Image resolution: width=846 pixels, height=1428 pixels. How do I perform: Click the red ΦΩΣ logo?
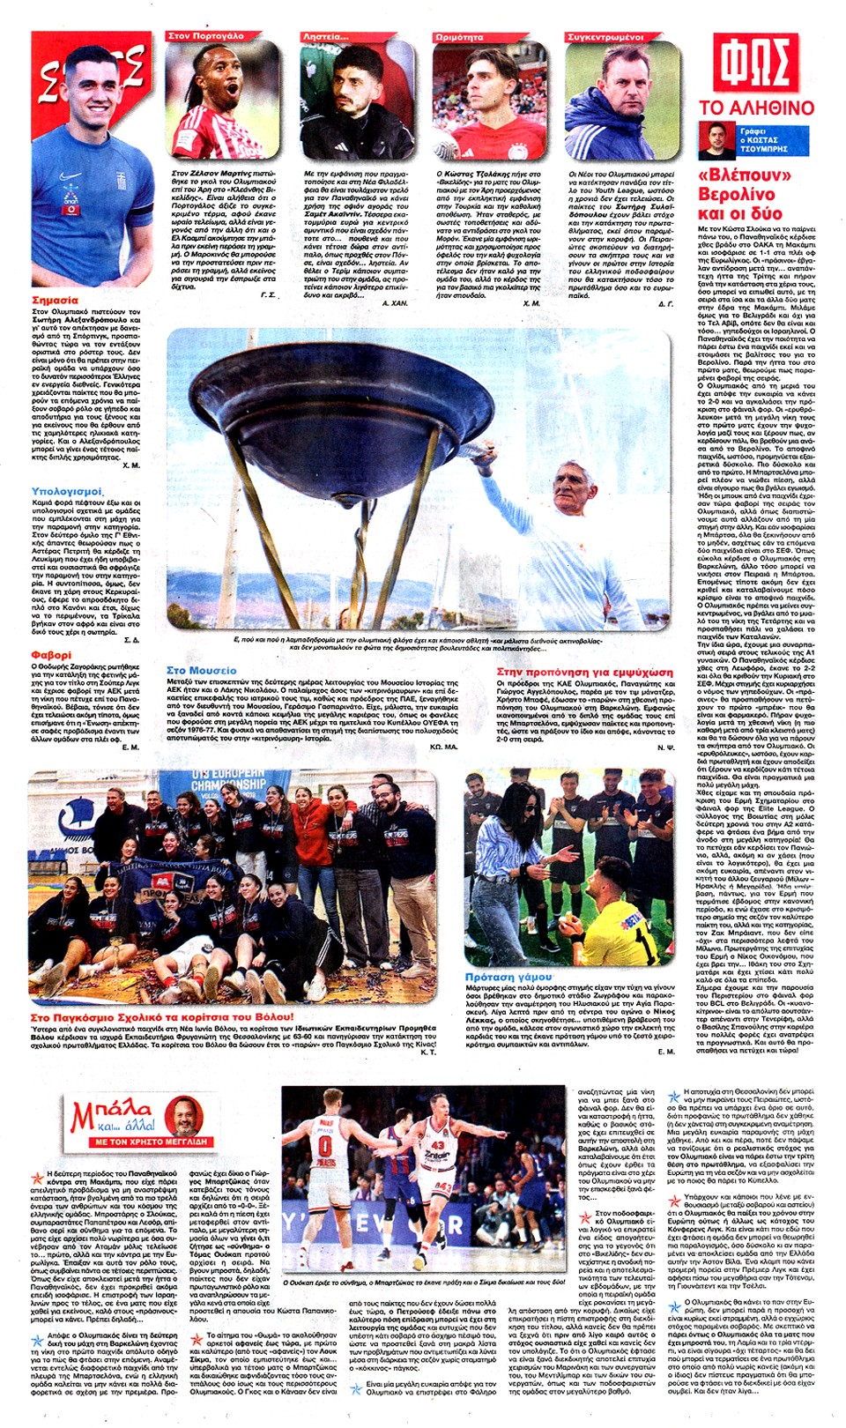pos(756,65)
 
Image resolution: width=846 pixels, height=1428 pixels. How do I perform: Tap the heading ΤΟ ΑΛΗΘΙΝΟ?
pos(756,108)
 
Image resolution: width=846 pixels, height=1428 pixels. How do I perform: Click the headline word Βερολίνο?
pos(736,194)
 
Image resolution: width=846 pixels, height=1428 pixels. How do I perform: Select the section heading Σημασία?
pos(55,301)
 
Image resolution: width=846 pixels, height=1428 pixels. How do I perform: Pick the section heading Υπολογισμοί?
pos(67,491)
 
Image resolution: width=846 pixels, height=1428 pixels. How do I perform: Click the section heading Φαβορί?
pos(51,655)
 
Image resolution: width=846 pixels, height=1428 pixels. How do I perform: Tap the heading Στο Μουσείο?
pos(201,671)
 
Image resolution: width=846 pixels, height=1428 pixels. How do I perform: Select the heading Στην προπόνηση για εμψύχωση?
pos(584,672)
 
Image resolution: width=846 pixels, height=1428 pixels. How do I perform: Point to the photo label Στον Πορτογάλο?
pos(206,36)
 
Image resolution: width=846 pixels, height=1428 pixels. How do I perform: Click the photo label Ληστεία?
pos(326,37)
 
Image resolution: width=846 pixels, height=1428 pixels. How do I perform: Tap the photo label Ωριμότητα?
pos(459,37)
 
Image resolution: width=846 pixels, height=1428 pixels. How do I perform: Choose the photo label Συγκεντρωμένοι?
pos(605,37)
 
